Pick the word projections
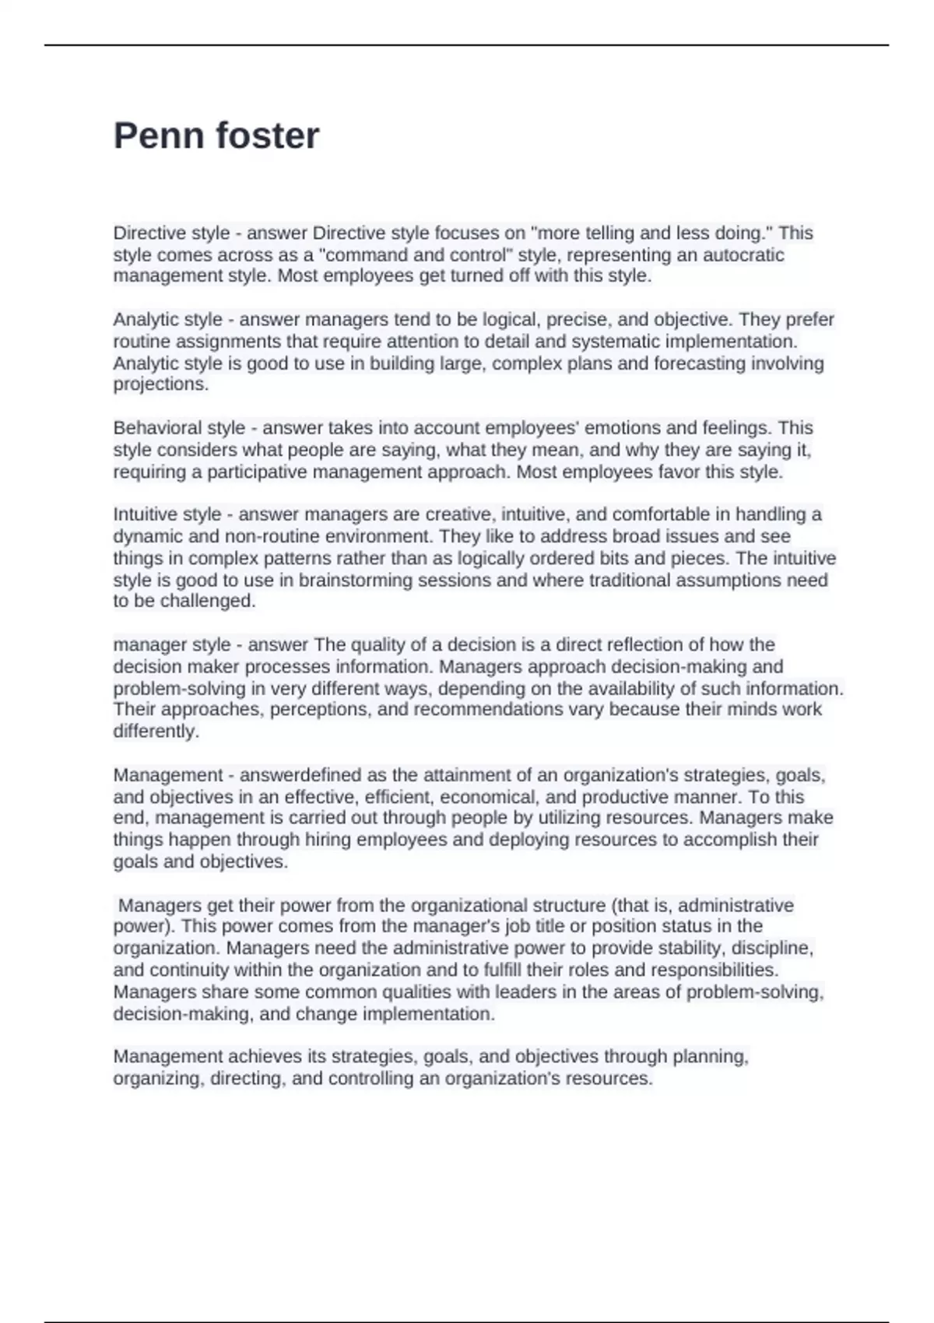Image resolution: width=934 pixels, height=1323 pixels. [160, 384]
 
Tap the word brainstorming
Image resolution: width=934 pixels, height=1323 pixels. [356, 580]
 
